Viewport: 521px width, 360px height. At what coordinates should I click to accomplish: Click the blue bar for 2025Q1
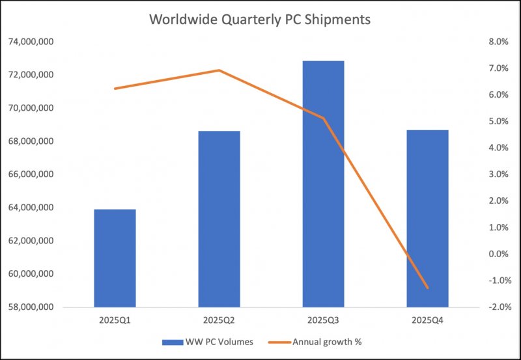[x=115, y=258]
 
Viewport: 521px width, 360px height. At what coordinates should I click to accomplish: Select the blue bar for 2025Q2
[x=219, y=219]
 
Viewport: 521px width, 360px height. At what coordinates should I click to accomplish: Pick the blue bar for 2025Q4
[x=428, y=218]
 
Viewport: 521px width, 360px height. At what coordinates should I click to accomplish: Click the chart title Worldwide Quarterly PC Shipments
[x=260, y=20]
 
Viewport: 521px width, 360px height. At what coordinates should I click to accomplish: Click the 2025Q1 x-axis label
[x=115, y=320]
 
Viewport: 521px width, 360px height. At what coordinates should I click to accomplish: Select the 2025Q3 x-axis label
[x=324, y=320]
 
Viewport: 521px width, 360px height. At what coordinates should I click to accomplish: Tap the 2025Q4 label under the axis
[x=428, y=320]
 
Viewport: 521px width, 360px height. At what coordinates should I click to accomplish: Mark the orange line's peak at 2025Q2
[x=219, y=70]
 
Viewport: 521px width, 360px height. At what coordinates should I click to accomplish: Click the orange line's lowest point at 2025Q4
[x=428, y=288]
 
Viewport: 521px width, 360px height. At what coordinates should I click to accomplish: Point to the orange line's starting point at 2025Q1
[x=115, y=89]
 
